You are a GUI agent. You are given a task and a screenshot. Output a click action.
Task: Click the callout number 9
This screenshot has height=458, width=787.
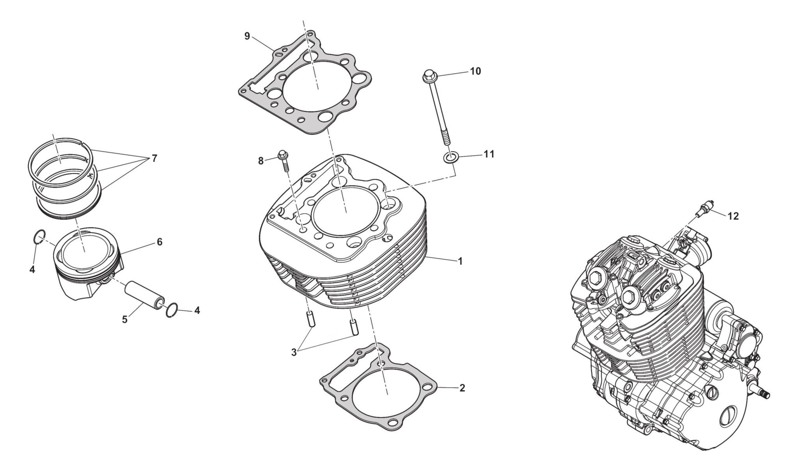click(247, 36)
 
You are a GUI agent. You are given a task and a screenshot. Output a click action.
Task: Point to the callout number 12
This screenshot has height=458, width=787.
click(733, 216)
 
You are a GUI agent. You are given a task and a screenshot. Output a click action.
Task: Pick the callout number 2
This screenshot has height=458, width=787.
click(462, 388)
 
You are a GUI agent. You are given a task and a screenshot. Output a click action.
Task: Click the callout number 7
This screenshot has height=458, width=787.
click(154, 158)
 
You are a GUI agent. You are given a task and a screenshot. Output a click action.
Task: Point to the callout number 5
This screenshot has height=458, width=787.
click(125, 319)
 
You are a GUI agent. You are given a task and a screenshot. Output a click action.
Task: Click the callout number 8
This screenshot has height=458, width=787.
click(261, 161)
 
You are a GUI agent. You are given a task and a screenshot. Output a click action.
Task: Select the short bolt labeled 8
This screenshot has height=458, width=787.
click(284, 161)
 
